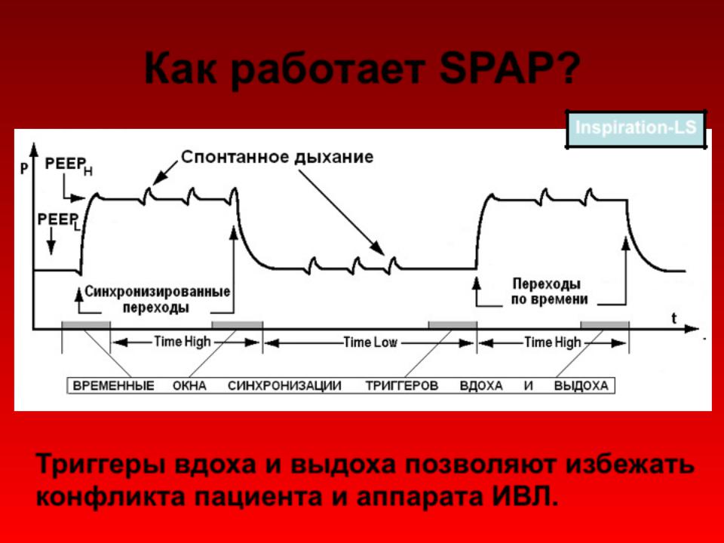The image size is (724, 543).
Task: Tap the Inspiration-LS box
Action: pos(636,129)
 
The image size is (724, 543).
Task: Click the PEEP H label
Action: pos(69,166)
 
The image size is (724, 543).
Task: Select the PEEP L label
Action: pos(59,221)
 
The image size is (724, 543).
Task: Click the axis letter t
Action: pos(674,318)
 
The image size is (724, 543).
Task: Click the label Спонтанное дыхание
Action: pos(277,157)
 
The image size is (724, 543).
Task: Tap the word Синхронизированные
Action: pos(158,291)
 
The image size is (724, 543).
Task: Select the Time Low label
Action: pos(370,342)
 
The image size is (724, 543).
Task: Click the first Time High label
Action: pos(183,342)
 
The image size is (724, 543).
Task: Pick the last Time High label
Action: pos(552,342)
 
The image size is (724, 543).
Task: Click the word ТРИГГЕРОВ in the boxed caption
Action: pos(402,385)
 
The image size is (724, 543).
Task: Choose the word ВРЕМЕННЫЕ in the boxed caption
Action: pos(114,385)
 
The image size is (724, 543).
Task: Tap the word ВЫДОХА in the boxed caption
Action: pos(581,385)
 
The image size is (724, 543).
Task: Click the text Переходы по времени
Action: pos(550,291)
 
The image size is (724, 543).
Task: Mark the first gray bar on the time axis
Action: pos(86,324)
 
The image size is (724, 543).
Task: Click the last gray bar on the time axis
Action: pos(604,324)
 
